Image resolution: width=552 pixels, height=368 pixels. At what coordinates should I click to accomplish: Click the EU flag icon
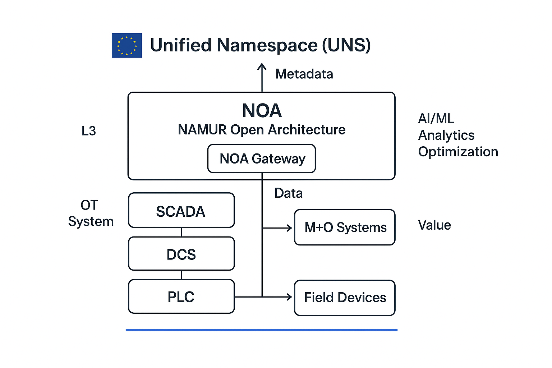coord(126,45)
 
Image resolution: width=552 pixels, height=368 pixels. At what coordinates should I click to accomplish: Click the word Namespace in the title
coord(267,46)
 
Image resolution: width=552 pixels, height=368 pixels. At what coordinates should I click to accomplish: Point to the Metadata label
coord(304,74)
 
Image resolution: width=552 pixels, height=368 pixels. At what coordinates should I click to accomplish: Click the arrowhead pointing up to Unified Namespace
coord(262,66)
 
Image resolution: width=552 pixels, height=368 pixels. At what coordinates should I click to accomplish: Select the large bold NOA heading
coord(262,110)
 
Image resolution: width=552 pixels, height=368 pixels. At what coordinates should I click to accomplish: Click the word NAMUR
coord(202,130)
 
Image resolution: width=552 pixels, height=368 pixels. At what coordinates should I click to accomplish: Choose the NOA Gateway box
coord(262,158)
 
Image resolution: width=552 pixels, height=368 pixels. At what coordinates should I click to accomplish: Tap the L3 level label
coord(89,131)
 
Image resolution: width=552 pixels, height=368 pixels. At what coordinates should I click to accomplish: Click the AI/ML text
coord(436,118)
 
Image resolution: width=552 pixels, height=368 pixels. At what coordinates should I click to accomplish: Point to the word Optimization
coord(458,152)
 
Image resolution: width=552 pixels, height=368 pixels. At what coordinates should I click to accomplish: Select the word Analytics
coord(446,135)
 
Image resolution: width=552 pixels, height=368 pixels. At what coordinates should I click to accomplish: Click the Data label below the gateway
coord(288,193)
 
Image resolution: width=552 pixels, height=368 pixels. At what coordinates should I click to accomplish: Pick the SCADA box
coord(181,211)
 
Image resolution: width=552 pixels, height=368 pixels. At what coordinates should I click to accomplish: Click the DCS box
coord(181,254)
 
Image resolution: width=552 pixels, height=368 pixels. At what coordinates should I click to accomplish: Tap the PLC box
coord(181,297)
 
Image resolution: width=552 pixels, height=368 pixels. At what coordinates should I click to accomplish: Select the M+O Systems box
coord(345,227)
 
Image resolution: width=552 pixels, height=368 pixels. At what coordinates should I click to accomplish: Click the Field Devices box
coord(345,298)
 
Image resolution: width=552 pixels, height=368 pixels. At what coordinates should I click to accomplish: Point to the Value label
coord(434,225)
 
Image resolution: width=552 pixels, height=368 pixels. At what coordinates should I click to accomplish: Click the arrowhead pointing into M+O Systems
coord(289,228)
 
